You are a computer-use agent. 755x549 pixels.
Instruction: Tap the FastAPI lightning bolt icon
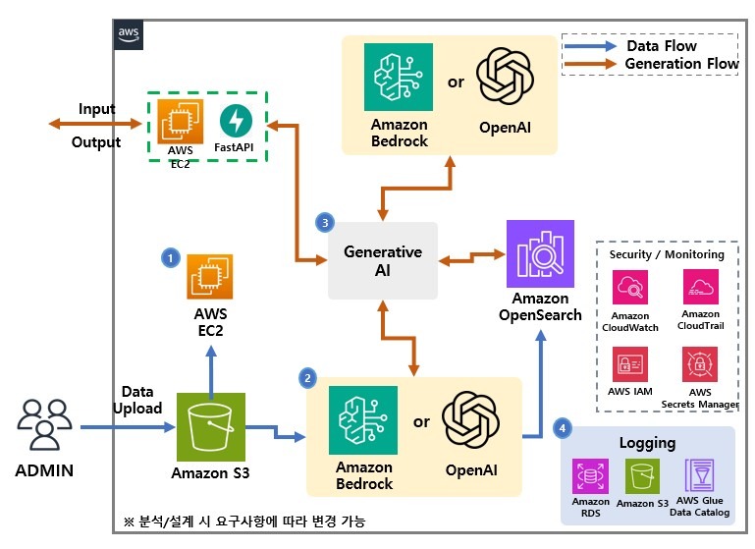coord(238,122)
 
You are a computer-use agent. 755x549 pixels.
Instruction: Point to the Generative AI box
coord(382,260)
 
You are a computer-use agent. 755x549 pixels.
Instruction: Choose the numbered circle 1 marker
coord(170,257)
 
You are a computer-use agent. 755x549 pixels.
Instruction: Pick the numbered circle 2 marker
coord(308,377)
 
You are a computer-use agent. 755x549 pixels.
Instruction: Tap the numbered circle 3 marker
coord(326,222)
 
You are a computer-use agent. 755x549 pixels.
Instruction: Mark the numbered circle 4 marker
coord(562,428)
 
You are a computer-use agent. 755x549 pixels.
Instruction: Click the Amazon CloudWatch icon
coord(630,291)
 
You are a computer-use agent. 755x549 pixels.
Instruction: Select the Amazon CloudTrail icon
coord(700,289)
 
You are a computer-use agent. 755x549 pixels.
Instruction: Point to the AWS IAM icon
coord(630,365)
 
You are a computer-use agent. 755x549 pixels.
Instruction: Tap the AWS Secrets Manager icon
coord(700,365)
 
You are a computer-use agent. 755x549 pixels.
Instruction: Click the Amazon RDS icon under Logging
coord(590,478)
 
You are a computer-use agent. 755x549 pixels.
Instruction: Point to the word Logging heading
coord(646,443)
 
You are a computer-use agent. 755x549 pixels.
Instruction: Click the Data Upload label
coord(137,400)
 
